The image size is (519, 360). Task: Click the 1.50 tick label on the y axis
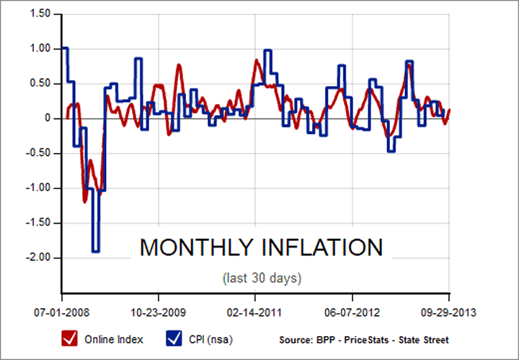(40, 14)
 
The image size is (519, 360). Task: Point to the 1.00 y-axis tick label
(40, 48)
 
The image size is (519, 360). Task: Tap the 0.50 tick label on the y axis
(40, 83)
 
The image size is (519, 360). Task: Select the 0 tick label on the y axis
(47, 118)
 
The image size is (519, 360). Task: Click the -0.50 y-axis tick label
(38, 152)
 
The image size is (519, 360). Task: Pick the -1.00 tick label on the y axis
(38, 188)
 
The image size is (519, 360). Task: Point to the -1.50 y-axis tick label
(38, 222)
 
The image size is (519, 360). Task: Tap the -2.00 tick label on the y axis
(38, 257)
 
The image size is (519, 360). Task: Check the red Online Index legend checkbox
(71, 338)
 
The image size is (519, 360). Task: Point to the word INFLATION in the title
(323, 247)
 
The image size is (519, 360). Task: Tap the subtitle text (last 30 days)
(261, 278)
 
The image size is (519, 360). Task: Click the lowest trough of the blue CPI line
(95, 251)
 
